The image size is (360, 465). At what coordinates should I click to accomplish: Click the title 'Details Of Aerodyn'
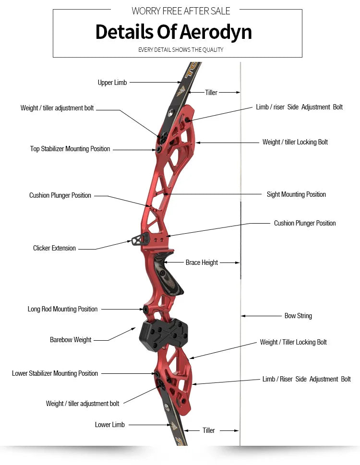(x=173, y=32)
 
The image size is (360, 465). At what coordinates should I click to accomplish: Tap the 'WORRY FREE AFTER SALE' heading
(x=180, y=11)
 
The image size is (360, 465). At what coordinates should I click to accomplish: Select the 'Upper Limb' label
(x=112, y=83)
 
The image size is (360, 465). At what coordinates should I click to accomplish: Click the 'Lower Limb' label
(x=110, y=425)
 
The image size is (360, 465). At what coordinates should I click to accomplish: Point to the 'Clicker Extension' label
(x=54, y=248)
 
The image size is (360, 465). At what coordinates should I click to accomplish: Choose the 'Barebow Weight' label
(x=71, y=340)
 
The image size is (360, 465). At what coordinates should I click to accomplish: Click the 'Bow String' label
(x=298, y=316)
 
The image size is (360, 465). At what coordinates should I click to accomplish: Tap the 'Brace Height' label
(x=202, y=262)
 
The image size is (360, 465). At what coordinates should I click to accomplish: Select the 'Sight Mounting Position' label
(x=296, y=194)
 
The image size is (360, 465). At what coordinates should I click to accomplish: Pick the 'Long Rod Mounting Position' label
(x=62, y=309)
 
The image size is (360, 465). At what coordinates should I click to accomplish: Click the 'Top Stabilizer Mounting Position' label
(x=70, y=149)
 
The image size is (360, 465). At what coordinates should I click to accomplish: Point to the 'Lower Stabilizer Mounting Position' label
(x=55, y=373)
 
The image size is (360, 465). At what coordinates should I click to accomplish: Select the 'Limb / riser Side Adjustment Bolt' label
(x=299, y=107)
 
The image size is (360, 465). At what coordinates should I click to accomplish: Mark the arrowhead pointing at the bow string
(x=243, y=316)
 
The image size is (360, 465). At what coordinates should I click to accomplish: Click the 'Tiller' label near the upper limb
(x=211, y=93)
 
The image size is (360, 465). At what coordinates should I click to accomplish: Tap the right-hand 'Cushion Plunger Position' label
(x=305, y=223)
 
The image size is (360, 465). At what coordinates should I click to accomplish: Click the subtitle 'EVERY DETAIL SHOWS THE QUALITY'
(x=180, y=49)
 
